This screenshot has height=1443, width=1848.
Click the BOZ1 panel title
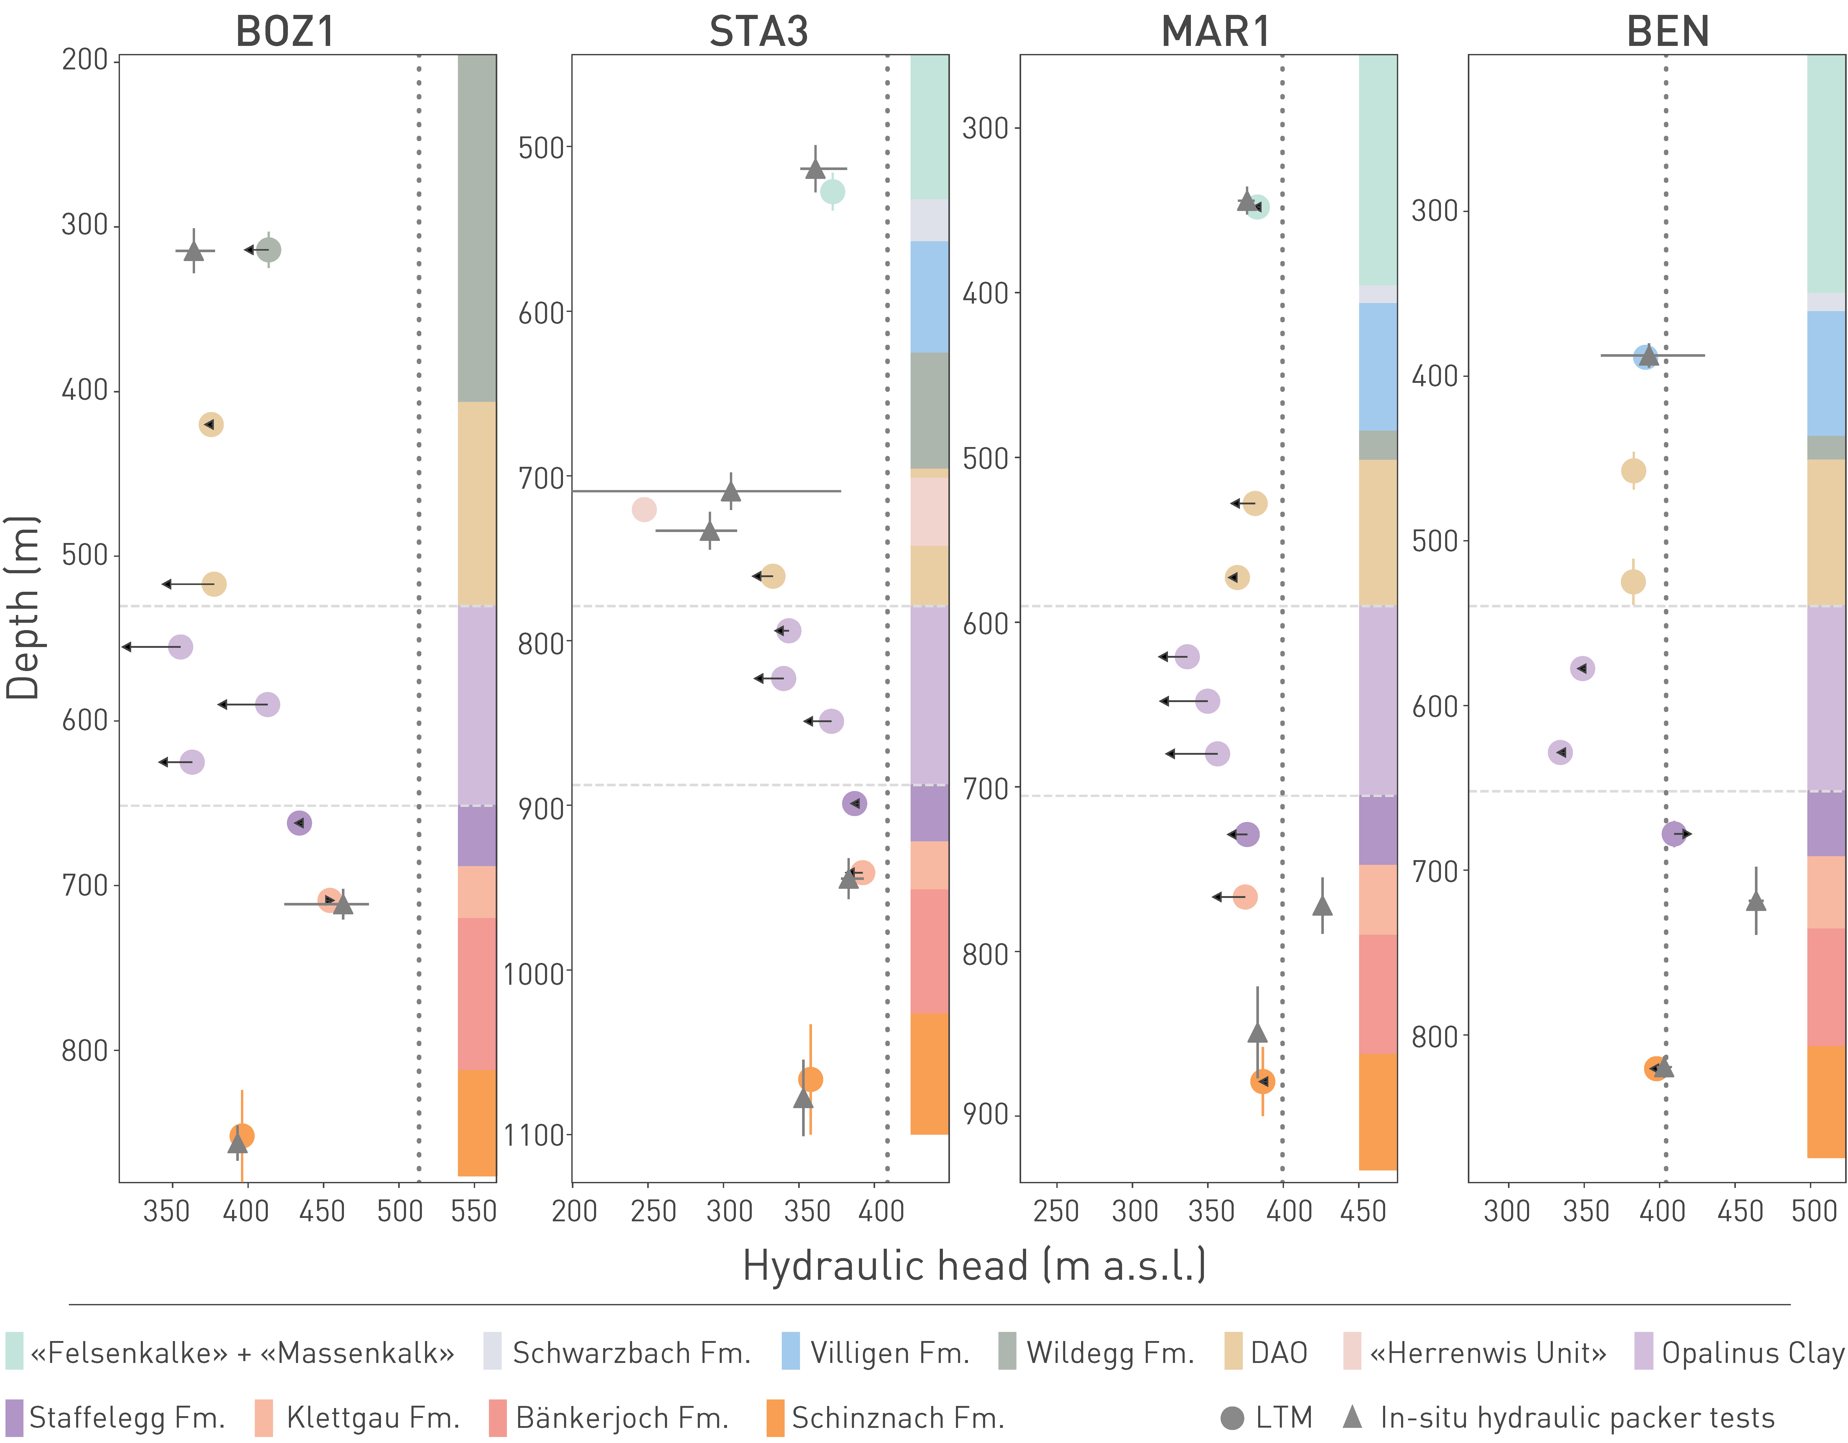pyautogui.click(x=285, y=32)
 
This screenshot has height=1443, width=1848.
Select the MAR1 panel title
pyautogui.click(x=1216, y=32)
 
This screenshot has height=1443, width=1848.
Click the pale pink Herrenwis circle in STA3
pyautogui.click(x=644, y=510)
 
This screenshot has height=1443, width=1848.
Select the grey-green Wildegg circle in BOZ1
pyautogui.click(x=268, y=250)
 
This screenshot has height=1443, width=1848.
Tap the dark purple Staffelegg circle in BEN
pyautogui.click(x=1673, y=834)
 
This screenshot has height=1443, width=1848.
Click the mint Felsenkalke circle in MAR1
pyautogui.click(x=1257, y=207)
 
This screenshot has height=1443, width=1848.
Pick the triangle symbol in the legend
pyautogui.click(x=1352, y=1416)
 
